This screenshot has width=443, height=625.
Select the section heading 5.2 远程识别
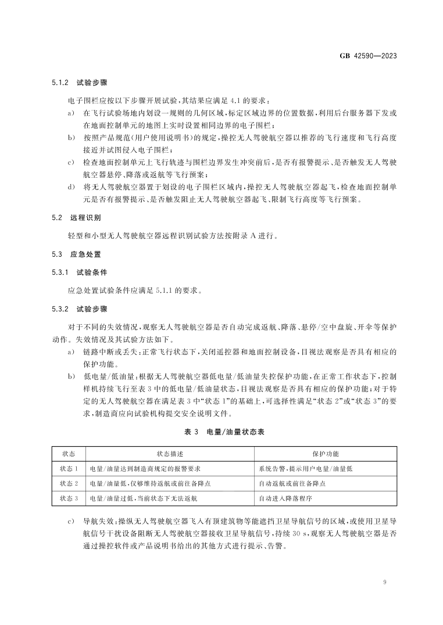tap(72, 217)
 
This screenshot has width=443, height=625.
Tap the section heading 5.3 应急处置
tap(72, 254)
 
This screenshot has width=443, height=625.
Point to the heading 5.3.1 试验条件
tap(77, 272)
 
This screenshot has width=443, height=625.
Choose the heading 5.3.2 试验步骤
tap(77, 309)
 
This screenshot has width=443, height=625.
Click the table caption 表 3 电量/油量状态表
tap(222, 432)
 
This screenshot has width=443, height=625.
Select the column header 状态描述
tap(169, 453)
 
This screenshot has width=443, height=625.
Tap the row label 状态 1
tap(69, 468)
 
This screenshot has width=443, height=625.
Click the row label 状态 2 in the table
tap(69, 483)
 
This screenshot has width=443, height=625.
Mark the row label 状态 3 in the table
tap(69, 498)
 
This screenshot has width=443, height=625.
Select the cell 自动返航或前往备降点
tap(292, 483)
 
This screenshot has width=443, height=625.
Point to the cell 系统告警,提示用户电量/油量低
tap(305, 468)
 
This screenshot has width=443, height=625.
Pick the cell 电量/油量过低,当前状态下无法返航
tap(142, 498)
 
